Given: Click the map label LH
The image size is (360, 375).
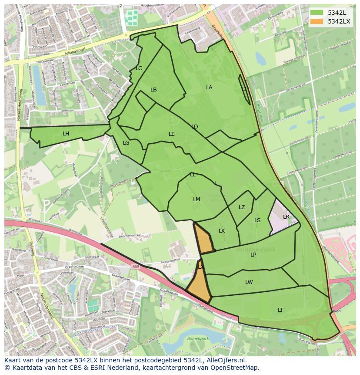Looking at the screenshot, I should click(66, 134).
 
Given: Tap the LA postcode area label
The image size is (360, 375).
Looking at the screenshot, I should click(209, 88).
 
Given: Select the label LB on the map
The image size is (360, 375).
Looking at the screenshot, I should click(153, 90).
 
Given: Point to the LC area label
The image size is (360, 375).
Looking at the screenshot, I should click(139, 68).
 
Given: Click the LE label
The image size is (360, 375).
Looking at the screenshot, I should click(172, 134).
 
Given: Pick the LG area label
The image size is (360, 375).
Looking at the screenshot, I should click(126, 143).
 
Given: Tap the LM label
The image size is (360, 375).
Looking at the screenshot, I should click(197, 199).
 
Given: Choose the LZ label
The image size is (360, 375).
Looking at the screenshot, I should click(242, 207).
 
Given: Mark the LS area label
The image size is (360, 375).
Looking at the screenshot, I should click(257, 220).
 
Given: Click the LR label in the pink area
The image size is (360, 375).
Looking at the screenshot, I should click(286, 217).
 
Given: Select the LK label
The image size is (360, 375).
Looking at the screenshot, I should click(222, 231).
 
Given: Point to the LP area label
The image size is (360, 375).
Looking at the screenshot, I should click(253, 255).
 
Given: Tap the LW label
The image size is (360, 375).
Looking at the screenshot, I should click(249, 282).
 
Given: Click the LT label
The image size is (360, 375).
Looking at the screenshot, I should click(280, 310).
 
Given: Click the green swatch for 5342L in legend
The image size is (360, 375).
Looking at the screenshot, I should click(317, 13).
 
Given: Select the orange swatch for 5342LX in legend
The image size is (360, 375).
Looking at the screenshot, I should click(317, 21).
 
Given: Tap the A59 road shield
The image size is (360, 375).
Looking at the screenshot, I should click(136, 267).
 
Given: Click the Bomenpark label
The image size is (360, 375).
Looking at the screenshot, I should click(198, 338).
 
